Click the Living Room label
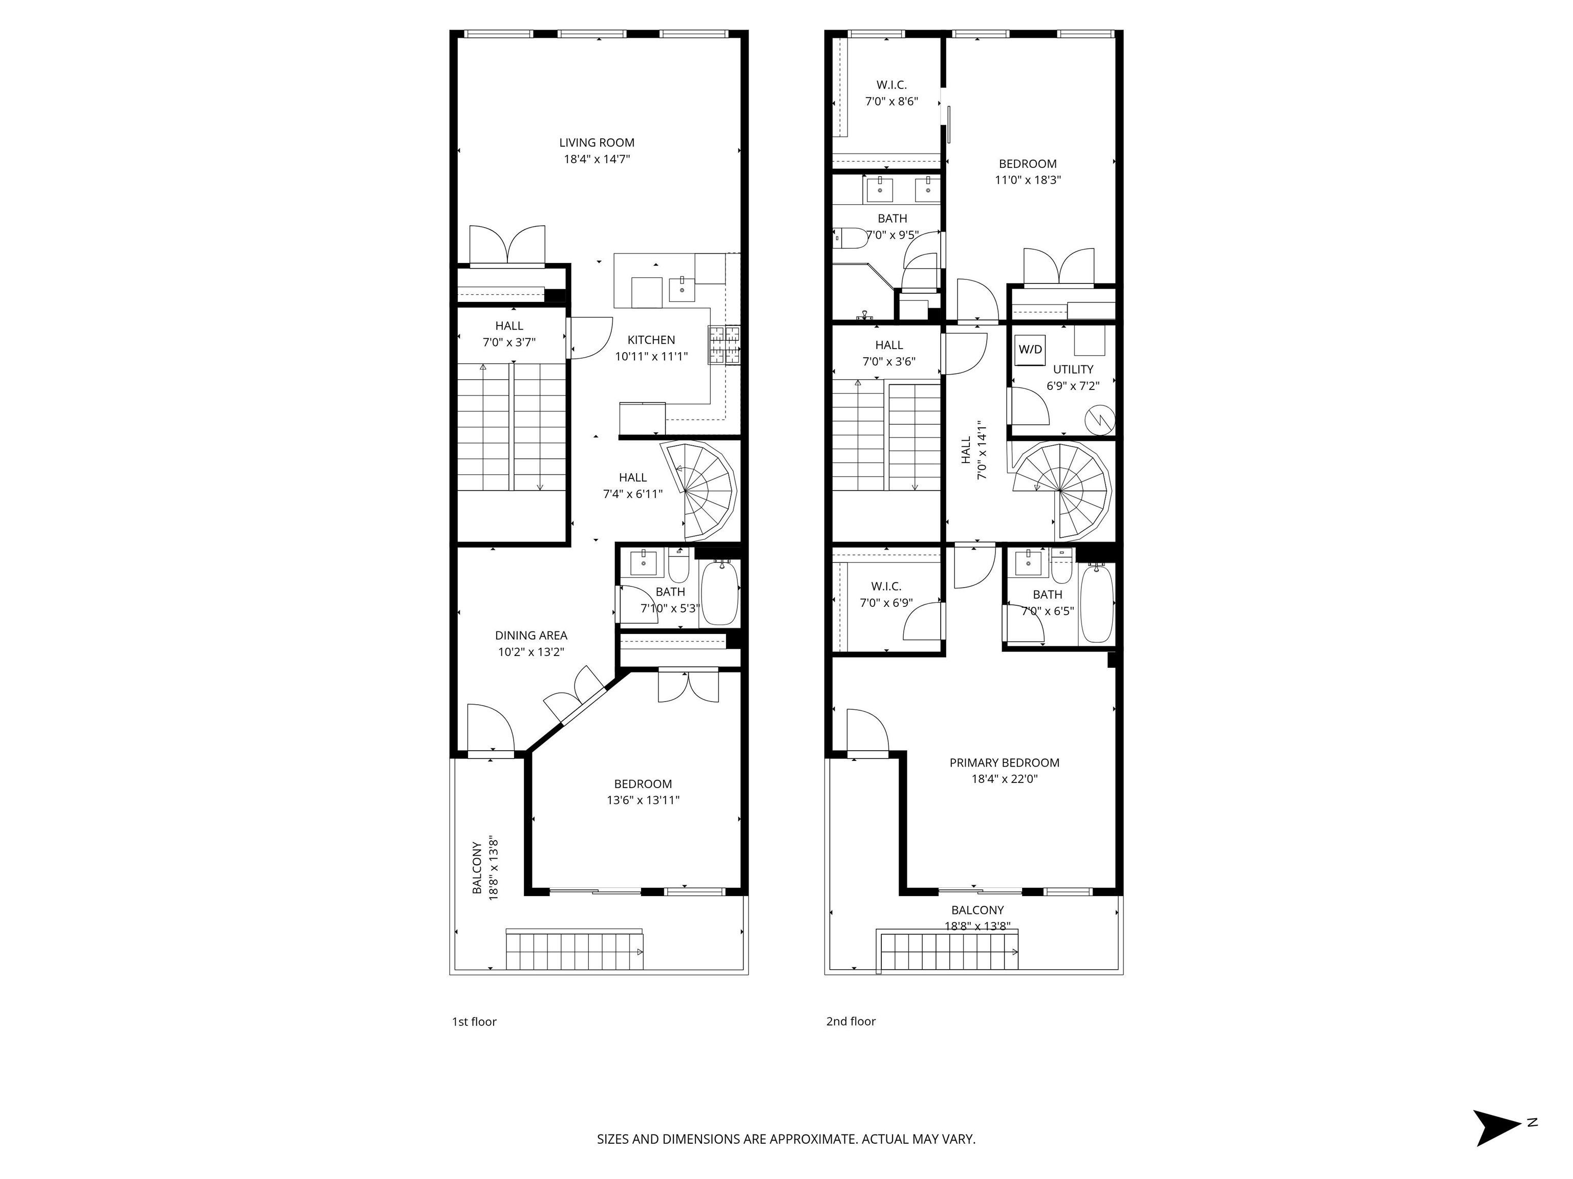point(597,143)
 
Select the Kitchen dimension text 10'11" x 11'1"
point(651,357)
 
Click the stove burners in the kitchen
point(724,345)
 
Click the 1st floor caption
point(474,1022)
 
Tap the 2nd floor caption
point(851,1021)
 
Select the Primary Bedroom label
point(1004,762)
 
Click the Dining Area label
point(531,636)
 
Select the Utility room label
point(1073,369)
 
